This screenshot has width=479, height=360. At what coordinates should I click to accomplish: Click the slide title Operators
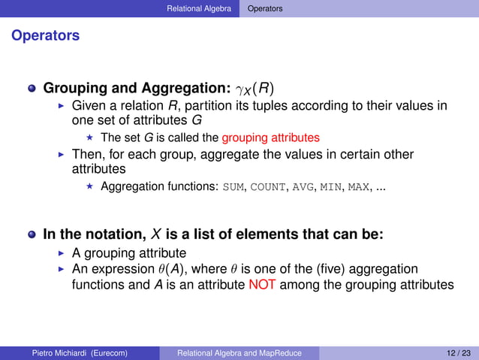click(x=45, y=36)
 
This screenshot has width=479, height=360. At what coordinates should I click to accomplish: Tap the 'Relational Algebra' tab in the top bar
click(x=200, y=9)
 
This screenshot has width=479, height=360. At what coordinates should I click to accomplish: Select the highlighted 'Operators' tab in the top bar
click(x=266, y=9)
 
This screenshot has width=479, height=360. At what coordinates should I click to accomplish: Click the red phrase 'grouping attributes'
click(x=270, y=138)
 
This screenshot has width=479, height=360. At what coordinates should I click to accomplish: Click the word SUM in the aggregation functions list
click(x=233, y=187)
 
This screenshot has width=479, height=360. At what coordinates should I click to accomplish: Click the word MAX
click(x=359, y=187)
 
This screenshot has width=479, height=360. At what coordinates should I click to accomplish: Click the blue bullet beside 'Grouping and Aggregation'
click(x=32, y=89)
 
